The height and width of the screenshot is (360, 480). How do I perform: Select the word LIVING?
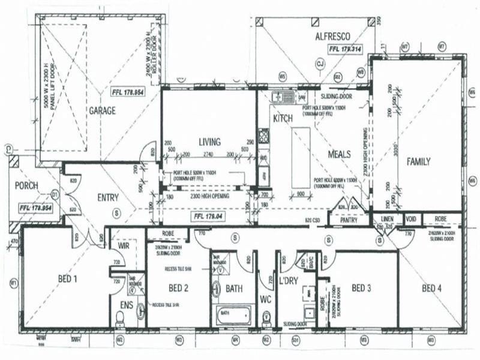click(x=210, y=142)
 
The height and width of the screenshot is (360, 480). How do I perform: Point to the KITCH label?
click(x=283, y=119)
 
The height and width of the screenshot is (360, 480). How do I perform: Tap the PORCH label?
click(x=27, y=185)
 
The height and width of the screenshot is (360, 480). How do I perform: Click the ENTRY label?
click(x=108, y=197)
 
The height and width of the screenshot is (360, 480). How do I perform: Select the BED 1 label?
click(x=67, y=279)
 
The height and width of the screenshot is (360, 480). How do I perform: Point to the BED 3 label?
click(x=361, y=289)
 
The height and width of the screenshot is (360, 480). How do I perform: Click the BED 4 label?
click(x=432, y=289)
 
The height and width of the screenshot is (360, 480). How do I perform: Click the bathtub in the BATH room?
click(x=233, y=313)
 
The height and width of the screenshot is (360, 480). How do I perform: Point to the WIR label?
click(x=124, y=245)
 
